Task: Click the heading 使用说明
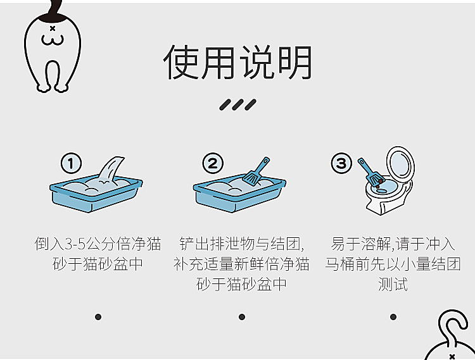click(x=237, y=63)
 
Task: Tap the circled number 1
click(x=71, y=163)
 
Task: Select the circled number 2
click(x=213, y=163)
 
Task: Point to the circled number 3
click(x=341, y=163)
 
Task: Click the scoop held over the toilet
click(x=370, y=172)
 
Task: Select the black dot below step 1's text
click(x=98, y=317)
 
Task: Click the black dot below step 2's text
click(x=242, y=317)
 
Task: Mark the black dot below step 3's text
click(x=393, y=317)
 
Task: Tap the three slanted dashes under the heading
click(x=237, y=104)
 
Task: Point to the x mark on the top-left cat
click(x=53, y=28)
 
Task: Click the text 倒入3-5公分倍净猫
click(x=98, y=244)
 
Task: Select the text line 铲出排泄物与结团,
click(x=242, y=244)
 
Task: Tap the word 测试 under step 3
click(x=393, y=284)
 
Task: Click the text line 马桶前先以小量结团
click(x=393, y=264)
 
